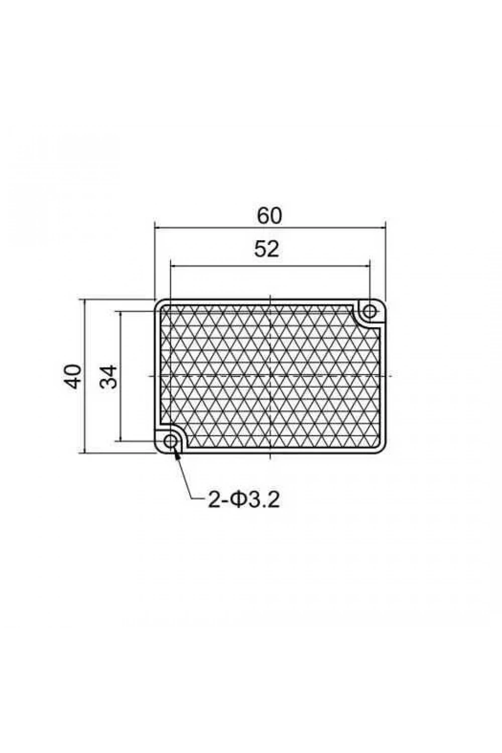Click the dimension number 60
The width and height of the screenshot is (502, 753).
[x=269, y=216]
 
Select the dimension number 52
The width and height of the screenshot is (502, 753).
[x=267, y=249]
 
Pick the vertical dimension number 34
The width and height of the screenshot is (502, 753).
[x=108, y=377]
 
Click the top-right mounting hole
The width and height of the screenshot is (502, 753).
[x=370, y=311]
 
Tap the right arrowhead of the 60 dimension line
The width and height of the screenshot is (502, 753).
[x=382, y=227]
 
